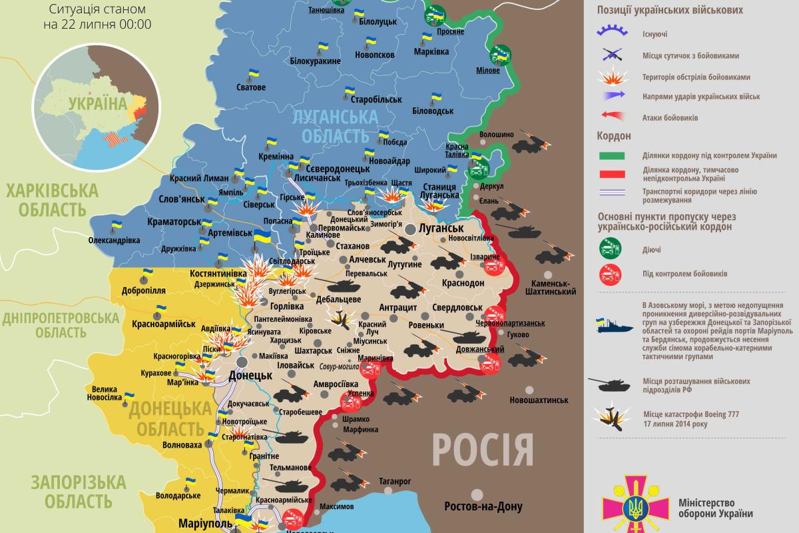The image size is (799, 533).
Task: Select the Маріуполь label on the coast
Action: (204, 522)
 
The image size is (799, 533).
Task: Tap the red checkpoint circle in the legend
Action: (611, 274)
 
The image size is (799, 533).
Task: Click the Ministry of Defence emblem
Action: (628, 505)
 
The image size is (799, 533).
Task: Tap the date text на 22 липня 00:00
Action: (97, 25)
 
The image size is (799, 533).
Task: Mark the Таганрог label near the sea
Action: (394, 480)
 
